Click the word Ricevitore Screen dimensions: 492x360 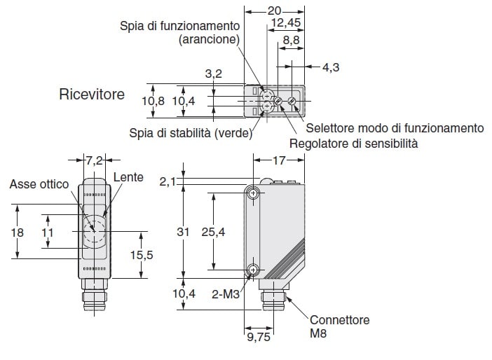click(92, 95)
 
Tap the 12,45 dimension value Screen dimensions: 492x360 click(285, 23)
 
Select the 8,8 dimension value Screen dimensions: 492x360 click(291, 40)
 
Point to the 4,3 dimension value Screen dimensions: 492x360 click(331, 67)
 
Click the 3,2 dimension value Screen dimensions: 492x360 click(213, 74)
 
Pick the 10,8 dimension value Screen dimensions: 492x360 click(153, 101)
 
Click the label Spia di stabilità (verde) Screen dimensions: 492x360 click(191, 133)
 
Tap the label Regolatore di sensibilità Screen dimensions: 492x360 click(354, 144)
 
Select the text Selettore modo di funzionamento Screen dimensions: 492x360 click(395, 128)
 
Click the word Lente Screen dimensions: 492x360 click(128, 177)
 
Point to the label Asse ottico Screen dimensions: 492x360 click(39, 184)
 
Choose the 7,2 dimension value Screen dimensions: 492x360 click(95, 160)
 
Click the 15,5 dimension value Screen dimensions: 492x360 click(142, 255)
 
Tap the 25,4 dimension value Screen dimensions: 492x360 click(213, 232)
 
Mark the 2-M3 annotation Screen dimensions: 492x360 click(225, 294)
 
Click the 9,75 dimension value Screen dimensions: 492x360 click(259, 337)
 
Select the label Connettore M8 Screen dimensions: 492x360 click(339, 326)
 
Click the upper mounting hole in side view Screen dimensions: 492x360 click(252, 193)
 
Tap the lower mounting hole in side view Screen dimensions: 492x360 click(252, 270)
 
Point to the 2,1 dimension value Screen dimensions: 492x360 click(168, 181)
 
